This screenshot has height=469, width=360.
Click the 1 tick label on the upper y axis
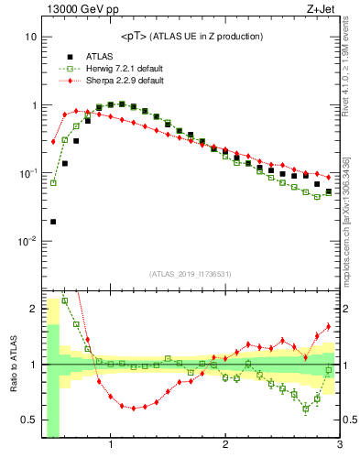(33, 105)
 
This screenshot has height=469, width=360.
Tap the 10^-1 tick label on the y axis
(27, 173)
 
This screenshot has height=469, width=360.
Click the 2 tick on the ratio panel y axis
(33, 309)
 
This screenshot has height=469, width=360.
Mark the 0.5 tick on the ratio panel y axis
(28, 420)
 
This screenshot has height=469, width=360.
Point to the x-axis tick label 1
(111, 446)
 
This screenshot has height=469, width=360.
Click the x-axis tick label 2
(225, 446)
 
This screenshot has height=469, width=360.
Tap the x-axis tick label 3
(339, 446)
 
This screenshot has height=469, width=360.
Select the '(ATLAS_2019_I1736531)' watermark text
(191, 275)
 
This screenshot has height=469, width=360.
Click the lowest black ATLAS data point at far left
(53, 222)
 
